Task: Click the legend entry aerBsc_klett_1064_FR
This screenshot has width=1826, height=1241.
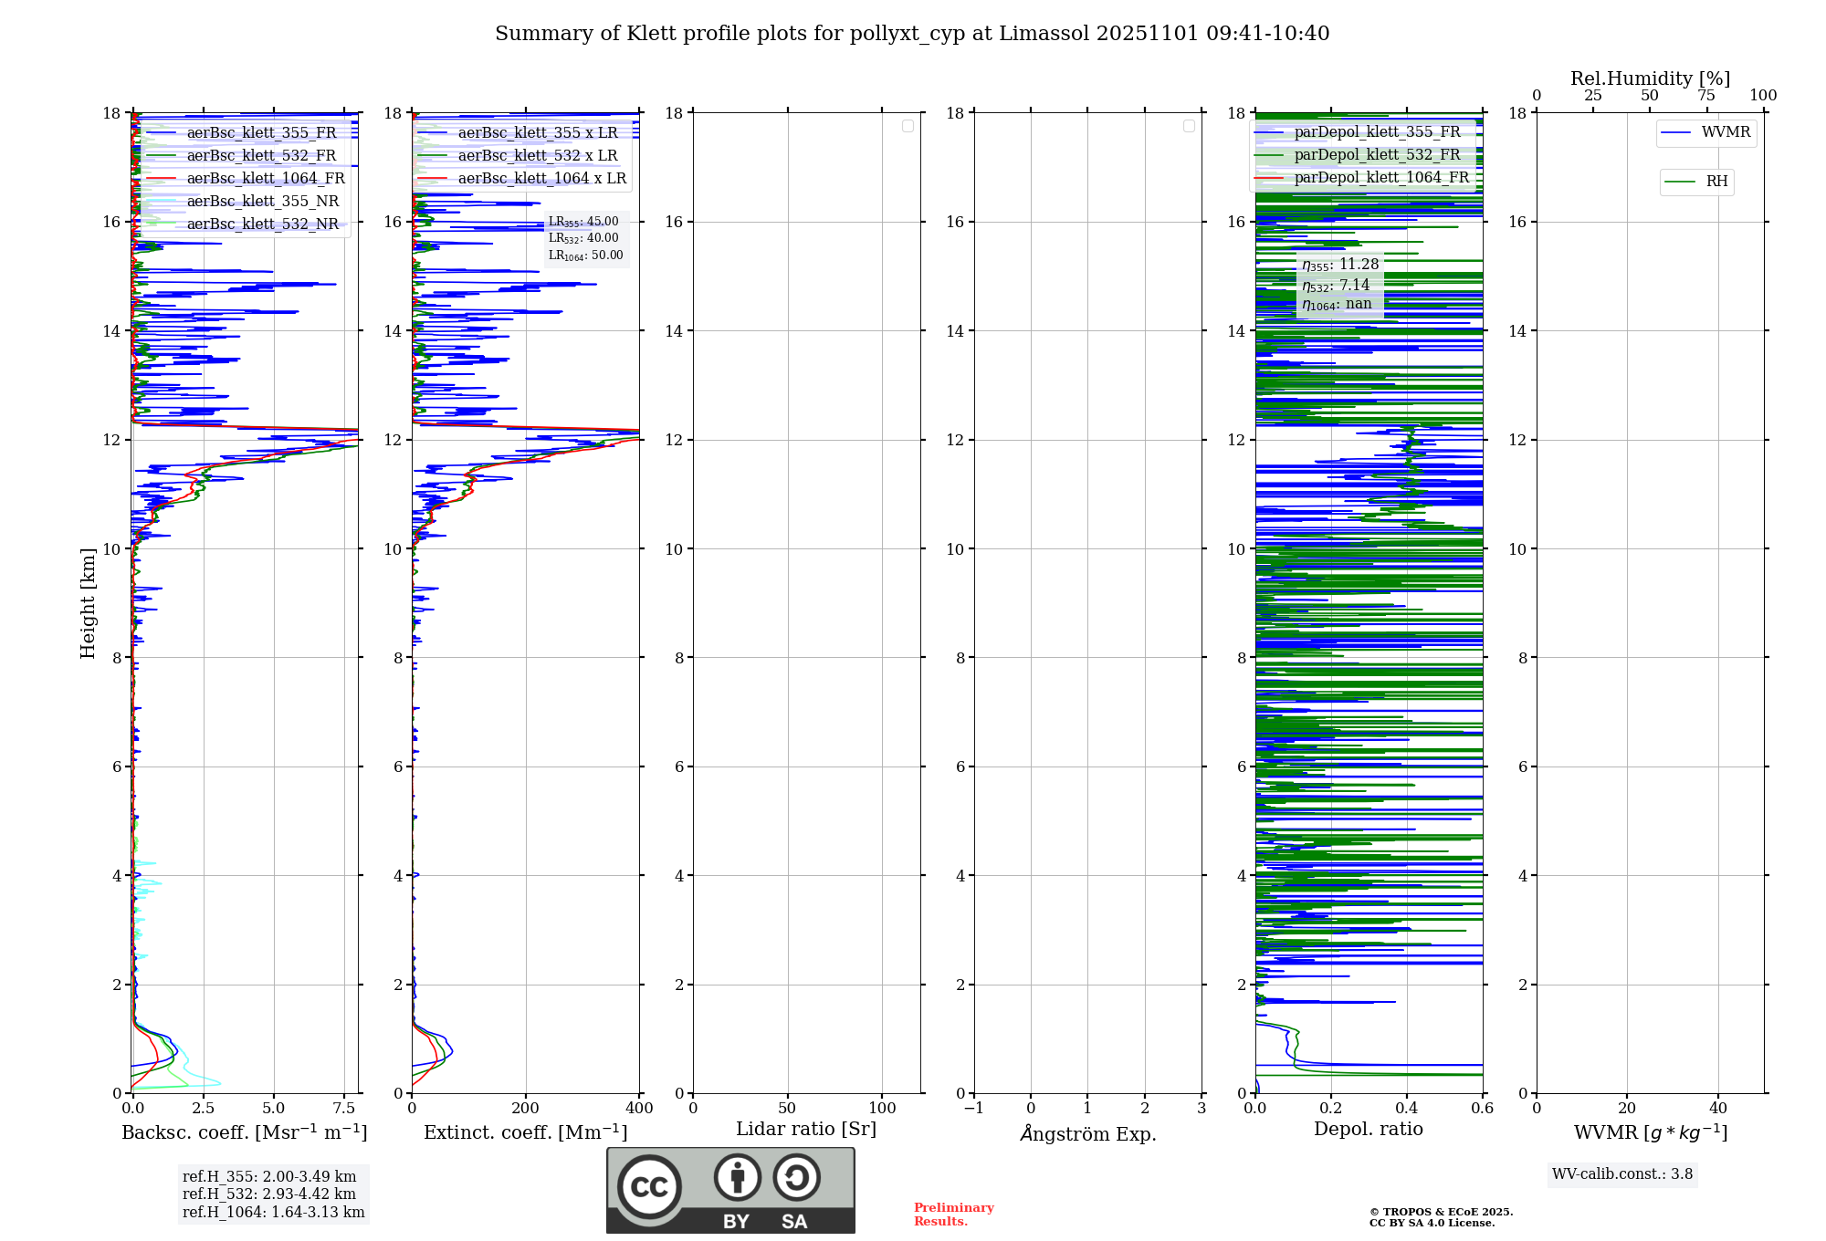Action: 266,179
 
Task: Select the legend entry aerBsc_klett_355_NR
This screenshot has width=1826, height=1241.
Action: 262,202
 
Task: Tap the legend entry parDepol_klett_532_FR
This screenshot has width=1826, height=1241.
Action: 1377,155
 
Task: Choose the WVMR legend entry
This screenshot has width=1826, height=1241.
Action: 1726,132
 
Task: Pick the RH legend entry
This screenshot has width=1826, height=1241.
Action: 1716,182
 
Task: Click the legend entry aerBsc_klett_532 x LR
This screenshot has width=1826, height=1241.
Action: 537,156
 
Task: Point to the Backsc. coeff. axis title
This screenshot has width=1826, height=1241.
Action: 245,1132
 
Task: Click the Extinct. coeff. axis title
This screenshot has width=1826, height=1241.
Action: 526,1132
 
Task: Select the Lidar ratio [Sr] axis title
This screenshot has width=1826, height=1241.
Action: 806,1129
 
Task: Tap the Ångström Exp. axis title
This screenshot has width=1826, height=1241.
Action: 1088,1133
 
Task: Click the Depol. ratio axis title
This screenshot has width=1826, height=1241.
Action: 1369,1129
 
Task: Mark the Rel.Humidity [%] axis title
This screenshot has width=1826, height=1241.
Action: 1650,78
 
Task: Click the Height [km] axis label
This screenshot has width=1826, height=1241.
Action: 88,603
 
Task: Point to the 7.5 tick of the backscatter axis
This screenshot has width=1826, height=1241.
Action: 344,1109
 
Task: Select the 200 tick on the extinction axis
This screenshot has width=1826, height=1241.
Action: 526,1109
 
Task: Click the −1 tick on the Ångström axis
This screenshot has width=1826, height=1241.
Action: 974,1109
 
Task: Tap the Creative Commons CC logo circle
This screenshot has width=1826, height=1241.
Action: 649,1187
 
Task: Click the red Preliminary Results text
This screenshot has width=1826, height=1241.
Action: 953,1215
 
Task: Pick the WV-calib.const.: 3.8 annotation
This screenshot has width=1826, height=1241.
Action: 1622,1174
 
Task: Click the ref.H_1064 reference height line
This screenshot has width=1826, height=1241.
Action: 273,1213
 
